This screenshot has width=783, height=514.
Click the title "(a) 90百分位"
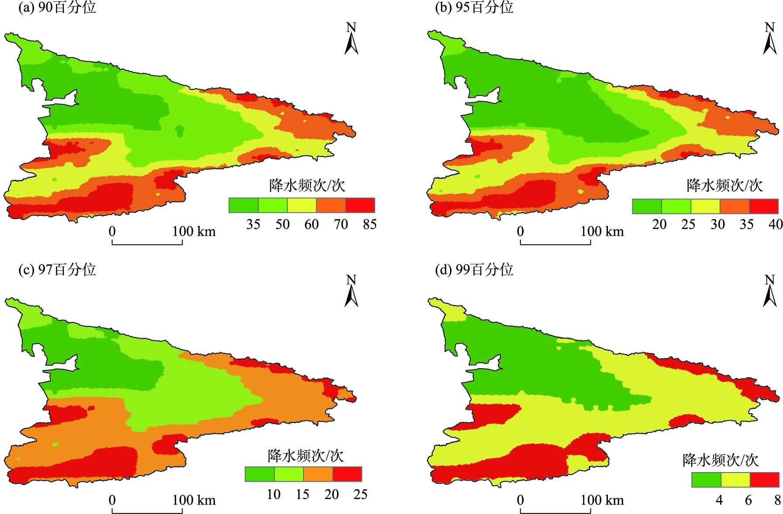tap(57, 7)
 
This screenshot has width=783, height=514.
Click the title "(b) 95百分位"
tap(474, 7)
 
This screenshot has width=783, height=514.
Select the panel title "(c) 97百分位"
tap(57, 269)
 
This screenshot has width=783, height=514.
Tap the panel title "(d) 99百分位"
tap(474, 269)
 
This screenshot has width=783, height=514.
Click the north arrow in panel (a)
tap(351, 39)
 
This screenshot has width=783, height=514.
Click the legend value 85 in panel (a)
tap(369, 224)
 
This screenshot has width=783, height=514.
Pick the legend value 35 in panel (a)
tap(253, 224)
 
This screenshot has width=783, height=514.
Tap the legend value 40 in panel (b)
tap(776, 224)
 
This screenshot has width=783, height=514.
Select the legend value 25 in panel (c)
tap(360, 494)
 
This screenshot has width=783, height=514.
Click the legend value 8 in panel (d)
tap(777, 500)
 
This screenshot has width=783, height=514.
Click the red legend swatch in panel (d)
tap(764, 480)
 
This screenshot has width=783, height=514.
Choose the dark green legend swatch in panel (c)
tap(259, 474)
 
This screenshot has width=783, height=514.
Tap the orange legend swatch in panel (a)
tap(331, 205)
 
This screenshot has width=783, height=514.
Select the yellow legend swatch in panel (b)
tap(705, 206)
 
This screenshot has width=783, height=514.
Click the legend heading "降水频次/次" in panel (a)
tap(307, 185)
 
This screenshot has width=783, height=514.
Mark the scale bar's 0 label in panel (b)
tap(520, 231)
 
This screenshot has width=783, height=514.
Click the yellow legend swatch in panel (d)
tap(735, 480)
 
